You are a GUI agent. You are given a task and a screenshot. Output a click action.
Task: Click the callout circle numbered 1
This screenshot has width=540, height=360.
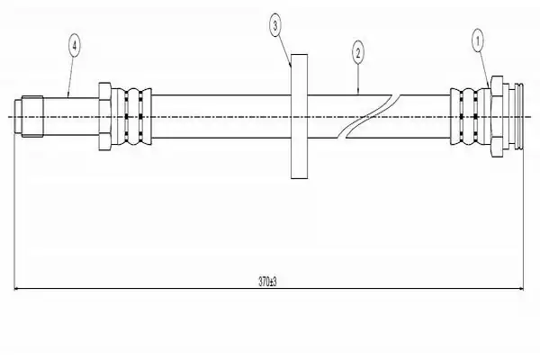click(477, 41)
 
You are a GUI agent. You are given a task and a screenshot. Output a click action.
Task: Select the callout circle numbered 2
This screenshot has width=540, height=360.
click(358, 53)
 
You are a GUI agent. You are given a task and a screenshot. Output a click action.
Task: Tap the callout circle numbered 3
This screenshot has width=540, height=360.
click(274, 25)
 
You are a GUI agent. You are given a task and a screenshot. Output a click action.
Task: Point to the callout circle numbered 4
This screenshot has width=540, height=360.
click(75, 45)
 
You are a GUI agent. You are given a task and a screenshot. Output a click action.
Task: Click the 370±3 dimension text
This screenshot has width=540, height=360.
click(267, 282)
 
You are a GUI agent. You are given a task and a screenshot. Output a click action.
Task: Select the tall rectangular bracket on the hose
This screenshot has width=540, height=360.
click(300, 116)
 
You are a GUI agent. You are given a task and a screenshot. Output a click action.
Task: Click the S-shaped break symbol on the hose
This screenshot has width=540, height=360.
click(368, 116)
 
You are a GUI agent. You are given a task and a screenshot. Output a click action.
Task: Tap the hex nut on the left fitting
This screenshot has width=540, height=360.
click(104, 116)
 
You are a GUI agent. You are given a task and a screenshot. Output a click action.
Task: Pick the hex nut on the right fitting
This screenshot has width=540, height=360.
click(496, 116)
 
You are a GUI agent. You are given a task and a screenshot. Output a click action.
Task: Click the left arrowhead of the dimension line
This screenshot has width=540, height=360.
click(16, 289)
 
